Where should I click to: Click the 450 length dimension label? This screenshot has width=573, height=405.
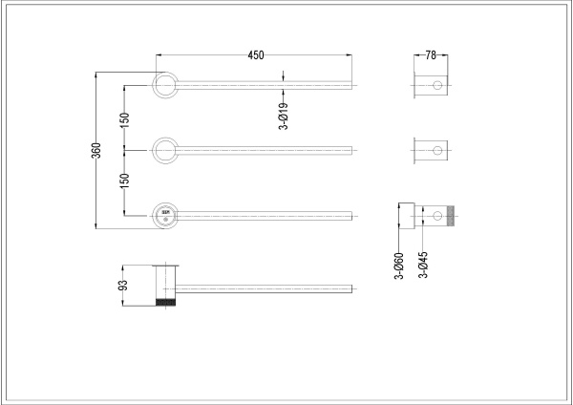coord(256,55)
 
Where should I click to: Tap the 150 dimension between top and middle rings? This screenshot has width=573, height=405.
coord(124,118)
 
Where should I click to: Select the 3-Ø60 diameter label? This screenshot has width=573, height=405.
coord(399,264)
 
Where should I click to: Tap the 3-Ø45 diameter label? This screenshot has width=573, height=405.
coord(423,264)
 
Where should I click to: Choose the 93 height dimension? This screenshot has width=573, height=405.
coord(121,285)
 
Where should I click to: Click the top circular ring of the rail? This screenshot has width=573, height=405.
coord(165,86)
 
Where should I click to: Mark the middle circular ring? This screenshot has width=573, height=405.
coord(165,149)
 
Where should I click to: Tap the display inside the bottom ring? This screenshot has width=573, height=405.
coord(163,212)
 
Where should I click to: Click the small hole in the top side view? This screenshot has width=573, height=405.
coord(437,86)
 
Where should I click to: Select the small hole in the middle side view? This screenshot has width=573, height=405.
coord(437,150)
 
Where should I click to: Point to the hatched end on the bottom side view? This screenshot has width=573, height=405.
coord(454,214)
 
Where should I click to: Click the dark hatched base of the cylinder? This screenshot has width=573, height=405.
coord(167,302)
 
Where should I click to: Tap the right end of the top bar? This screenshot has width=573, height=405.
coord(354,86)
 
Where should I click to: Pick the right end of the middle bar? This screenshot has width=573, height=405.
coord(354,149)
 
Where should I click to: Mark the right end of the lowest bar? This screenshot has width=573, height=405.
coord(354,287)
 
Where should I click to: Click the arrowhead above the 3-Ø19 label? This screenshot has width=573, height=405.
coord(285,80)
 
